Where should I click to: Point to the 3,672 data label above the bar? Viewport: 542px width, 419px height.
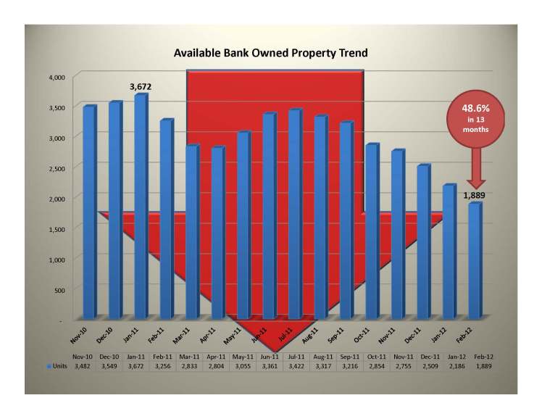(141, 87)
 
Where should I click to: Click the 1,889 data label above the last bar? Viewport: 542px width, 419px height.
(475, 194)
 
